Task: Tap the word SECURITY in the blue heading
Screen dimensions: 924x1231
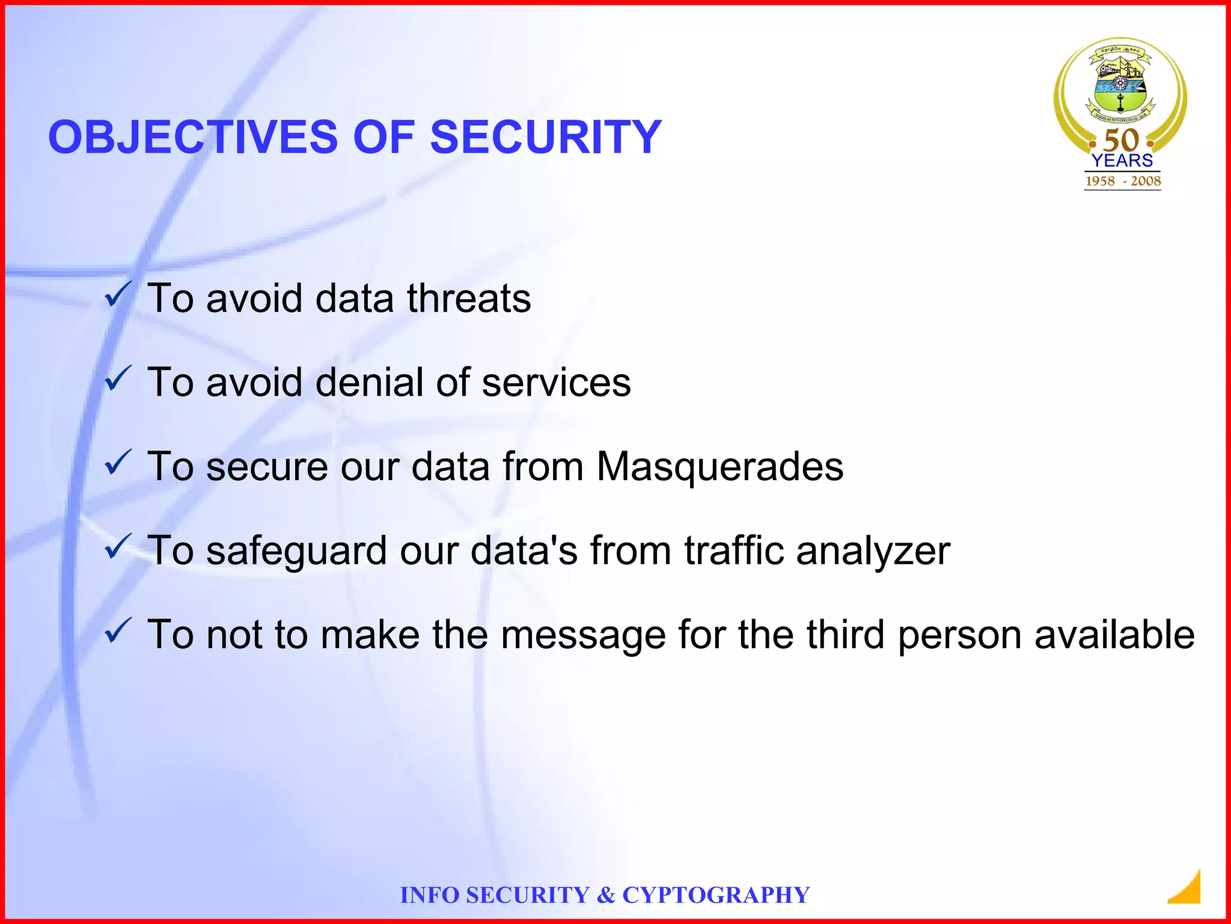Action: (546, 137)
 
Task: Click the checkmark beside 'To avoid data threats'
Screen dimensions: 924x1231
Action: (117, 295)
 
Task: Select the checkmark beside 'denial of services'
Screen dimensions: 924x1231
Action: (117, 379)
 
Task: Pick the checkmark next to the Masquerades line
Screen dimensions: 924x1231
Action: (117, 463)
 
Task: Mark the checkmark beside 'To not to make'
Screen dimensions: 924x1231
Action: (117, 631)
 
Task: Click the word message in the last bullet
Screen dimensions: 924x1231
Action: (583, 636)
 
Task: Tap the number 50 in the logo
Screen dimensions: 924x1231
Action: (1122, 141)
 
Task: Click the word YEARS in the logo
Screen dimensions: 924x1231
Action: (1122, 161)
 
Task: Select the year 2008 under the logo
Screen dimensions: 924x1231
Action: (1145, 181)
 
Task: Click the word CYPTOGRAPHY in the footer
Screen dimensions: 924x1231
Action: (716, 895)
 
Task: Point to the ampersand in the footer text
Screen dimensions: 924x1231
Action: (606, 895)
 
